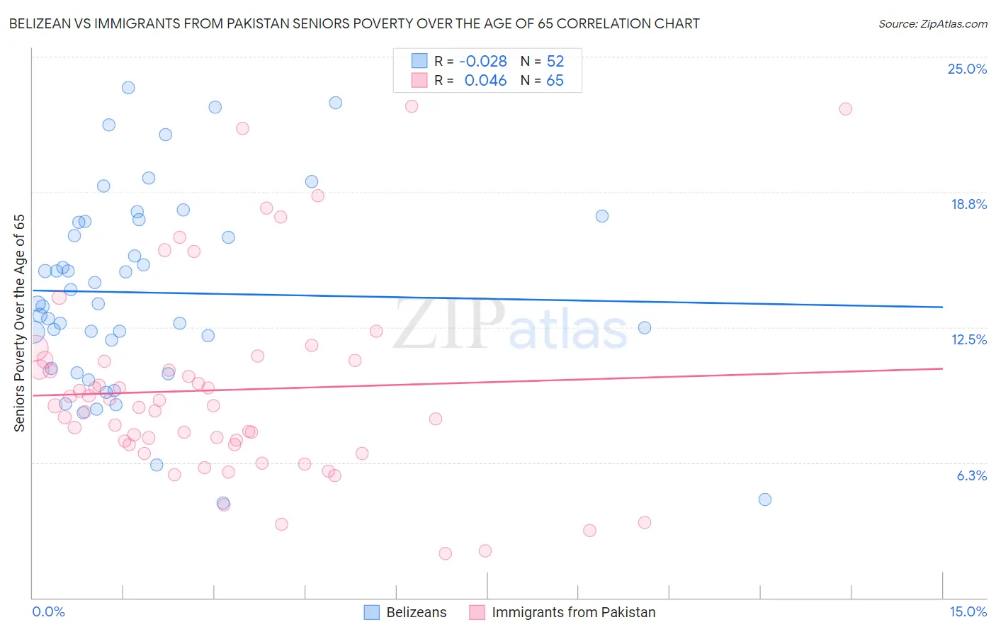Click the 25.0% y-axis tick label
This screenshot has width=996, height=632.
click(x=967, y=69)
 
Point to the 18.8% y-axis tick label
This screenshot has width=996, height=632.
click(x=968, y=204)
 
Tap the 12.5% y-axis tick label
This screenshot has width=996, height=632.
click(x=968, y=339)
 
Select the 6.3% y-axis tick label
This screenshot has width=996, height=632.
click(x=971, y=475)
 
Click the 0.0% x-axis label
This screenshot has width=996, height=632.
click(x=48, y=611)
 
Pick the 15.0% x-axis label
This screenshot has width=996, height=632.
click(x=968, y=611)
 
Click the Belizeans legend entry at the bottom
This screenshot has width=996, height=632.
click(x=416, y=612)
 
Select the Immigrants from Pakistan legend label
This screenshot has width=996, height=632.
click(x=573, y=612)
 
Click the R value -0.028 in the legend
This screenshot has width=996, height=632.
click(x=483, y=62)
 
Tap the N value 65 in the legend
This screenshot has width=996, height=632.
click(x=555, y=81)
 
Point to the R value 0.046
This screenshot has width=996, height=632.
click(x=485, y=81)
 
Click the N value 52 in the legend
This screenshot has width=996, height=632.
click(x=555, y=62)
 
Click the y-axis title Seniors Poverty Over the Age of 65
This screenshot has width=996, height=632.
click(x=20, y=323)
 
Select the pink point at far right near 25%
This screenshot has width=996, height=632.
click(x=845, y=109)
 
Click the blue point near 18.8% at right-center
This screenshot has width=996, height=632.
click(x=602, y=216)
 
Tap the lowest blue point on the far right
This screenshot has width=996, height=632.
click(x=765, y=500)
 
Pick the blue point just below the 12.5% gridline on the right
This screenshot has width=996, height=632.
click(x=645, y=327)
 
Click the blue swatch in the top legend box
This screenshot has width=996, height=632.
click(x=419, y=61)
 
